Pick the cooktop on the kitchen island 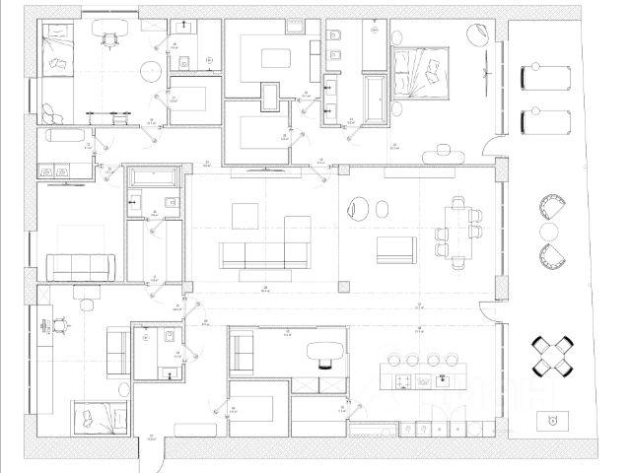click(x=403, y=378)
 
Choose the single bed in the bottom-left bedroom click(x=99, y=419)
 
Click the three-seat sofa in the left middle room click(x=81, y=264)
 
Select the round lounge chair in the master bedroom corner click(x=476, y=34)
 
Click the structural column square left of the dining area click(x=342, y=286)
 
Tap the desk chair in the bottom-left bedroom click(x=62, y=322)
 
